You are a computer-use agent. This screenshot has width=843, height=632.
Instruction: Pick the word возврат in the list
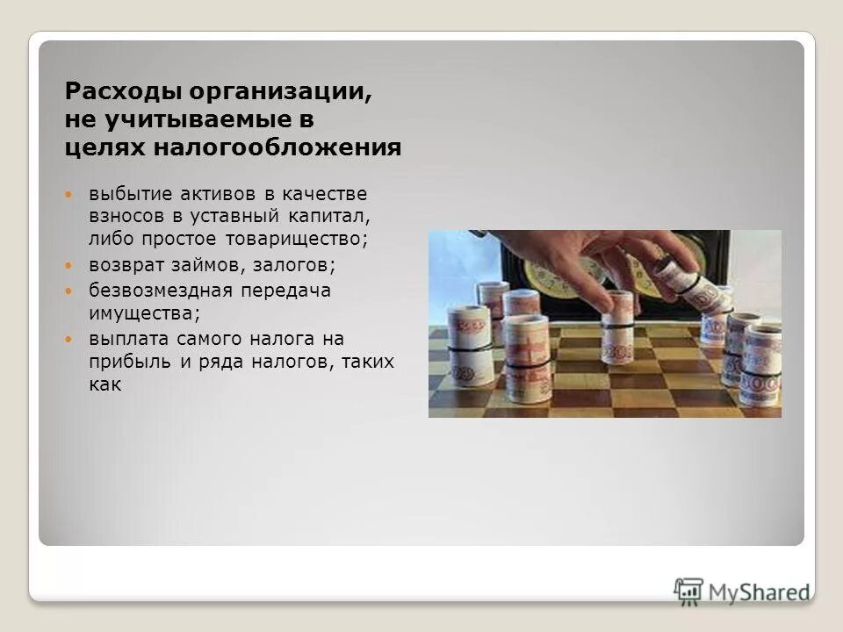tap(122, 264)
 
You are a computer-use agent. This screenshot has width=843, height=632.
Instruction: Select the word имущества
tap(140, 312)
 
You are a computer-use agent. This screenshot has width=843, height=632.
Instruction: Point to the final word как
tap(104, 384)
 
